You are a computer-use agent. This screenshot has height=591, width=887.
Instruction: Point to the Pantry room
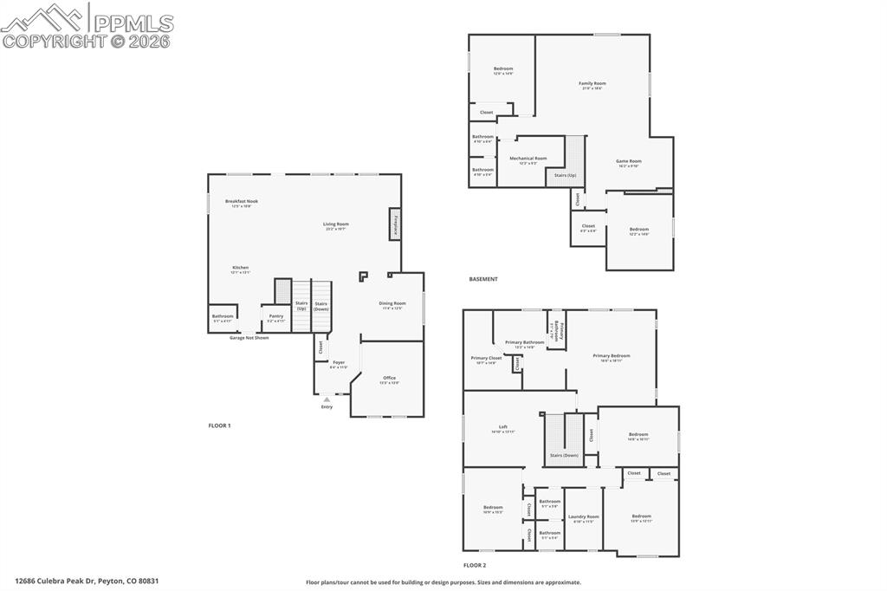tap(276, 318)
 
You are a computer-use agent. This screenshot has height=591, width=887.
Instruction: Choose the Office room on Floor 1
tap(389, 380)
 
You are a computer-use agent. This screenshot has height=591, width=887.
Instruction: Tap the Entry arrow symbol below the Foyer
tap(327, 399)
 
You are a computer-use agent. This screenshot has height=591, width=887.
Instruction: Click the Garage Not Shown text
tap(249, 337)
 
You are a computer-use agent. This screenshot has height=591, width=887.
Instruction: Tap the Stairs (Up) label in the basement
tap(565, 175)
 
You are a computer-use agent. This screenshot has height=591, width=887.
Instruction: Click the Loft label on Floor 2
tap(502, 428)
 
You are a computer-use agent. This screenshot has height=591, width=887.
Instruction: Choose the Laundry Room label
tap(583, 518)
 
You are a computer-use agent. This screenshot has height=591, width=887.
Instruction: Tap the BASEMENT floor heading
tap(483, 279)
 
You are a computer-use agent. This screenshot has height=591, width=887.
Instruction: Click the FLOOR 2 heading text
tap(475, 564)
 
